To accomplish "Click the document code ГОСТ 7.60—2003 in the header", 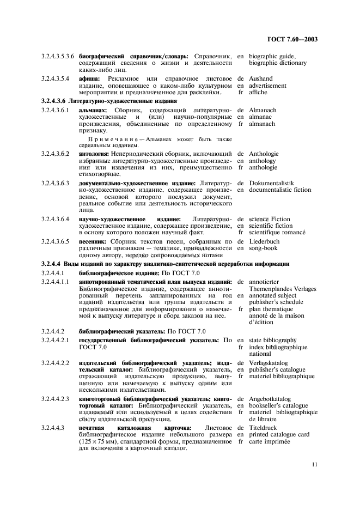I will pyautogui.click(x=292, y=39).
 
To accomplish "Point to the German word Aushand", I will pyautogui.click(x=261, y=78).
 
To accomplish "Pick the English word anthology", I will pyautogui.click(x=263, y=161).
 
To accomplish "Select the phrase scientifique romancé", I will pyautogui.click(x=277, y=233).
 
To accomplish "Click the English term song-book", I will pyautogui.click(x=263, y=248).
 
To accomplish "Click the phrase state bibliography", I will pyautogui.click(x=273, y=340).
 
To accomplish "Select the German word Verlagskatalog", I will pyautogui.click(x=268, y=362).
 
